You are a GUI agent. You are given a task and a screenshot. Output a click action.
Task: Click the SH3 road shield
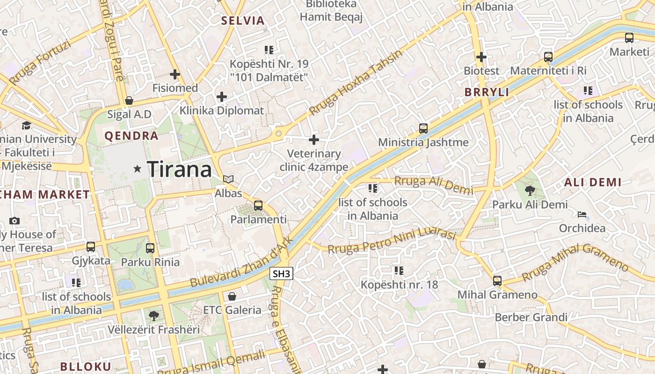[281, 274]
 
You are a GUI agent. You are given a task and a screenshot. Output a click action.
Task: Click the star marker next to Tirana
[137, 169]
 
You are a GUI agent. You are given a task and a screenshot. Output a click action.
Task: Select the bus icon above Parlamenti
[258, 205]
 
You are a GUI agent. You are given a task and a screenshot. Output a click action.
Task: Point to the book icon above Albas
[228, 179]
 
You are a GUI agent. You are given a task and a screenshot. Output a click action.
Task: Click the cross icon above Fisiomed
[175, 74]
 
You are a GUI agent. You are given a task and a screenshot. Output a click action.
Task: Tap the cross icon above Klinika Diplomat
[222, 97]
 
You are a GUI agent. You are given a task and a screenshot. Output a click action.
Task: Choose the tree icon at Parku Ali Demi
[530, 190]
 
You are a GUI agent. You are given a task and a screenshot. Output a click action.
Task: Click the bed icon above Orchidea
[582, 215]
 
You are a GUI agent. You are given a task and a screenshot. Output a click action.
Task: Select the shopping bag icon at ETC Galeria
[232, 296]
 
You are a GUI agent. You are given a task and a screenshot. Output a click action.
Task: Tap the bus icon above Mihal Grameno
[497, 280]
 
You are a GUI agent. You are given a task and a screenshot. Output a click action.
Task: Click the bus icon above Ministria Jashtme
[423, 128]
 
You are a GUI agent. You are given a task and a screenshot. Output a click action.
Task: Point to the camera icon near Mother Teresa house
[15, 221]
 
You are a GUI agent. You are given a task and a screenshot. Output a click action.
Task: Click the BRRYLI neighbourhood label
[487, 92]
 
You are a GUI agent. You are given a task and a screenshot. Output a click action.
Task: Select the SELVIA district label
[243, 21]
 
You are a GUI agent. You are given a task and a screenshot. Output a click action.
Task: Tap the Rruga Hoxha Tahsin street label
[356, 83]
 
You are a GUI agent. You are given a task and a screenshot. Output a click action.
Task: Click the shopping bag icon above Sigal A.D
[129, 101]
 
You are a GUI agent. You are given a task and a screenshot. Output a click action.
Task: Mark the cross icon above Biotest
[481, 57]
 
